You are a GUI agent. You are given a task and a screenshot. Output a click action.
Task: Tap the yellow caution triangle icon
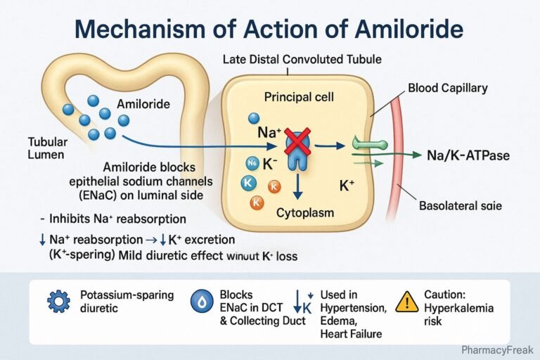point(407,302)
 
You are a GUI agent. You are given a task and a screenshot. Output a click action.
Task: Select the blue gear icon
point(58,301)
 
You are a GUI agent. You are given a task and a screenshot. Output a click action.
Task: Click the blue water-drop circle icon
point(201,302)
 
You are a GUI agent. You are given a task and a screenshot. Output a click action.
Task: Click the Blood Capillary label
point(447,89)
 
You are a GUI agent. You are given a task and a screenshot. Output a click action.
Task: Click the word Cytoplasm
point(304,211)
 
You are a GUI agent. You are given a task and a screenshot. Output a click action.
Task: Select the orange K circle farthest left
point(257,202)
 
